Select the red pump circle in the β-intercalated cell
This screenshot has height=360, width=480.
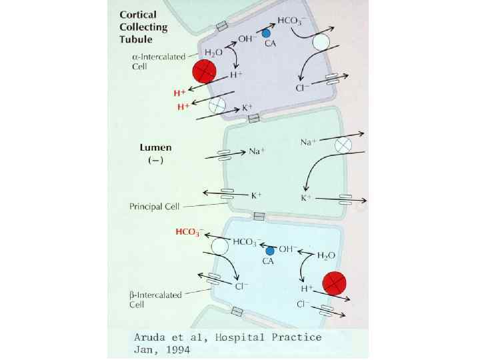333,283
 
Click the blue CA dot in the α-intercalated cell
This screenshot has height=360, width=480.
266,33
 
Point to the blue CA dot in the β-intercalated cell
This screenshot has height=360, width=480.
270,251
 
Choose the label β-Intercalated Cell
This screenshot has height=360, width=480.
155,300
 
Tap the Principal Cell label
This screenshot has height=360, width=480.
154,206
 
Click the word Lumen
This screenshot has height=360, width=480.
154,147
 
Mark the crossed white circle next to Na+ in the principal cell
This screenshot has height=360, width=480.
343,145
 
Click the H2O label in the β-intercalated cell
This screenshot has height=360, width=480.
326,255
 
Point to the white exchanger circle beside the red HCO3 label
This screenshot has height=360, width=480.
220,246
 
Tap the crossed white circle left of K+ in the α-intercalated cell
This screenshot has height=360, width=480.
217,105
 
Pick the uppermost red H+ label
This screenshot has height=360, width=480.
179,93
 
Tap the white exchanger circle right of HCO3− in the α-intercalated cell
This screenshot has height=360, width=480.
321,43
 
